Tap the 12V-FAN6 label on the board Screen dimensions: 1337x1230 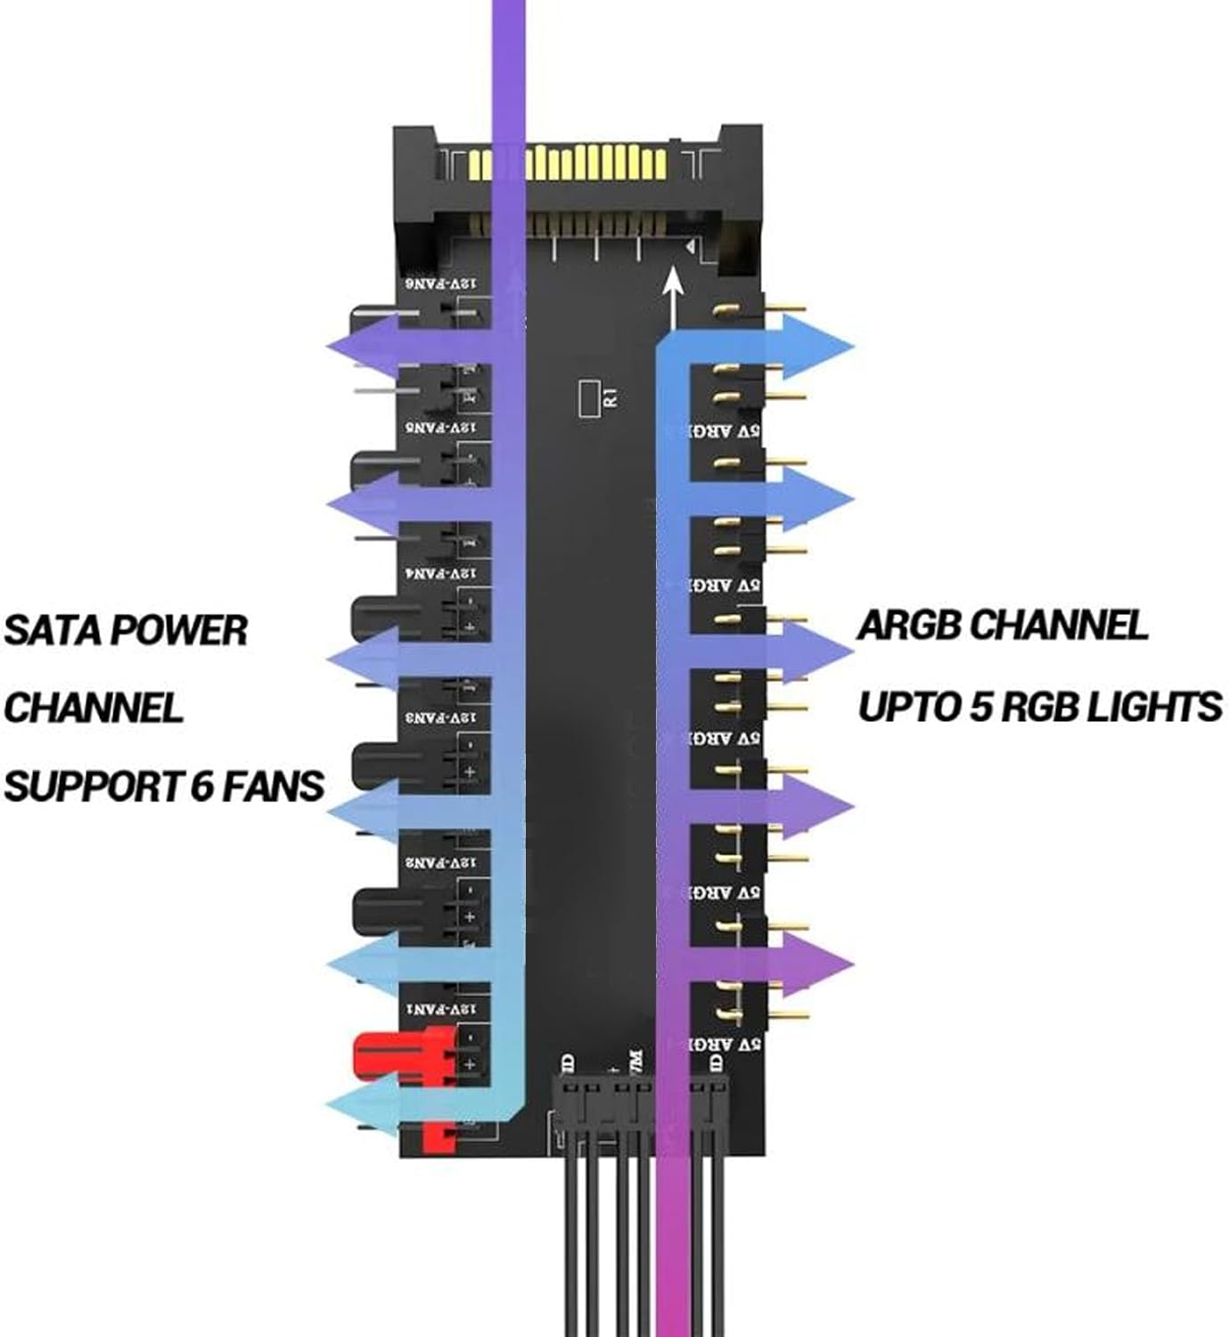tap(441, 283)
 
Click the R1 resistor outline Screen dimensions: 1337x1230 tap(588, 398)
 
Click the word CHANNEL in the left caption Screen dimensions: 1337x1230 tap(93, 709)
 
